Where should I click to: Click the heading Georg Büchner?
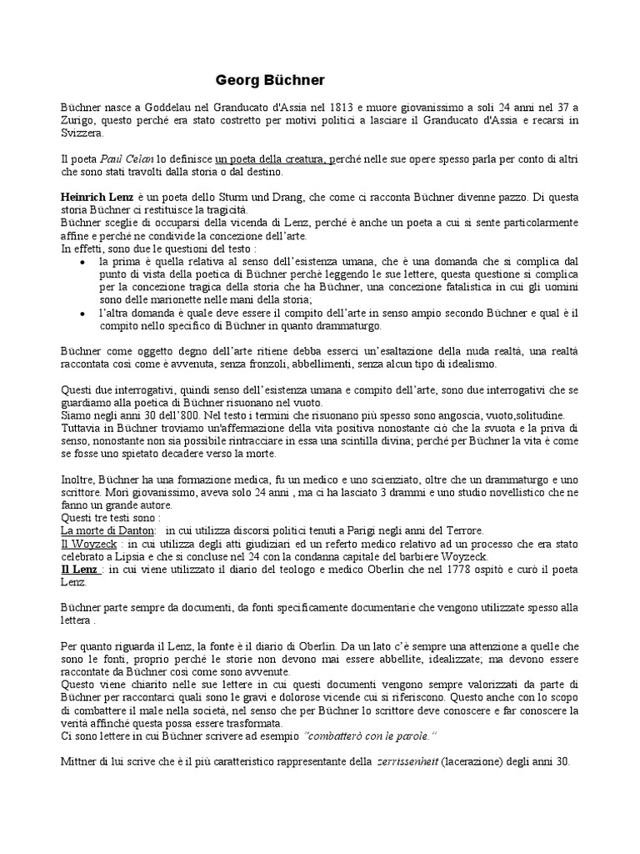tap(270, 80)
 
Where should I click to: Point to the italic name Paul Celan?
tap(125, 158)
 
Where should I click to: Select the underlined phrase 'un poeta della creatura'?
tap(272, 158)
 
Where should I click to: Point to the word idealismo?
tap(471, 364)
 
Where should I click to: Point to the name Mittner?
tap(79, 761)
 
